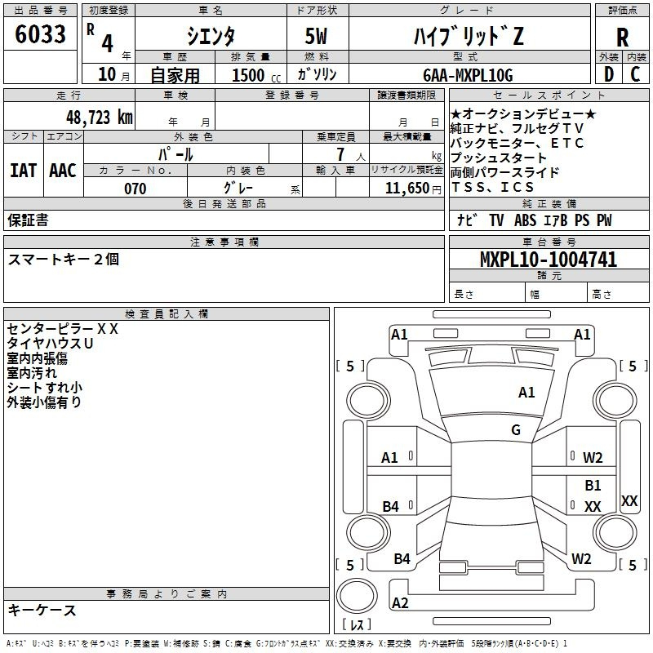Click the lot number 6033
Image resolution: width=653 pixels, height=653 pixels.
[40, 34]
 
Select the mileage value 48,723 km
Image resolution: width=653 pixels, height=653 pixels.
[100, 118]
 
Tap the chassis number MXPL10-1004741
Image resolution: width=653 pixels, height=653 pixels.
[549, 260]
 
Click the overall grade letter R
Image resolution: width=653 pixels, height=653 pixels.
[622, 38]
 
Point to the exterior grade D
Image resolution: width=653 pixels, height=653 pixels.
[609, 74]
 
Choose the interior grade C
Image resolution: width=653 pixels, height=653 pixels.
[635, 74]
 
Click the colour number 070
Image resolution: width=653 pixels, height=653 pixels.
[135, 189]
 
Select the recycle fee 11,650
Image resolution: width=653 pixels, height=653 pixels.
[407, 189]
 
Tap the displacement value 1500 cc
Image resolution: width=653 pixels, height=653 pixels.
[256, 75]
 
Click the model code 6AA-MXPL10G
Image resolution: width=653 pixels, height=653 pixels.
[468, 75]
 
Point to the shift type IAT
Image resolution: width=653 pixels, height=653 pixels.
[24, 171]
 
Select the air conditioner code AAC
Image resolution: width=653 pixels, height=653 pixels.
[63, 171]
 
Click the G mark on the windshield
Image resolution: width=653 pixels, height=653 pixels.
[516, 430]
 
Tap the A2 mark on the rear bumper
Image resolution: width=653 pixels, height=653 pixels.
[400, 602]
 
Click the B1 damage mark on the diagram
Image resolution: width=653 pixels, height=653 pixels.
[593, 485]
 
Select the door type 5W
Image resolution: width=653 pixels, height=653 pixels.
[316, 36]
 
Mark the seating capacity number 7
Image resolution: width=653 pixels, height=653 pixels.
[340, 154]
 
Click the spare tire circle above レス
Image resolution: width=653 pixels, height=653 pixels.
[357, 596]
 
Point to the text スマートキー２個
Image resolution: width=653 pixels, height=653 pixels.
[64, 259]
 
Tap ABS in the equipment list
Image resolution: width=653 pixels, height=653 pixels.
[525, 220]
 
